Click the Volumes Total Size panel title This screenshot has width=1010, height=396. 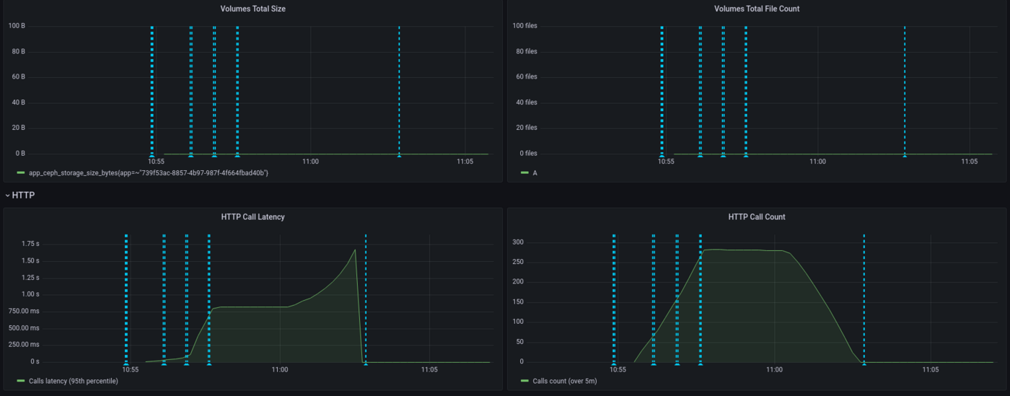click(252, 9)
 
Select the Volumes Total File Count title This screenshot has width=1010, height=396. click(756, 9)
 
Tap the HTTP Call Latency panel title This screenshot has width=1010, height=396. click(252, 216)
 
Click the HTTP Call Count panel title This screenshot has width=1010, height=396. click(757, 216)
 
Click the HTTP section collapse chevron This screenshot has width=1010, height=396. click(7, 195)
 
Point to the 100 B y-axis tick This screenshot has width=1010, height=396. click(17, 26)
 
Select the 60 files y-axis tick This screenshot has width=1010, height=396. click(526, 76)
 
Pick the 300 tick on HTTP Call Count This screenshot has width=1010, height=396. click(517, 242)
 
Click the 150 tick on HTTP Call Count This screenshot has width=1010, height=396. click(517, 302)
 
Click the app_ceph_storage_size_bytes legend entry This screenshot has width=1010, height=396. click(148, 173)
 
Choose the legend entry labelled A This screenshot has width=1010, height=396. click(535, 173)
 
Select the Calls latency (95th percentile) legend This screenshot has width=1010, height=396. click(73, 380)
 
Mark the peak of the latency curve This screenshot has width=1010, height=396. click(356, 250)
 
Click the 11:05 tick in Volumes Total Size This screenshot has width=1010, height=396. click(465, 162)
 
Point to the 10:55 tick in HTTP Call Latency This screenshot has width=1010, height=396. click(131, 369)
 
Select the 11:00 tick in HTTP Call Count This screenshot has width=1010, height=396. click(774, 369)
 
